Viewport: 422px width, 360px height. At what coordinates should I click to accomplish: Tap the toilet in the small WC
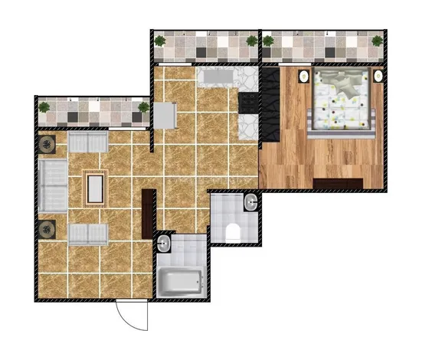click(x=234, y=231)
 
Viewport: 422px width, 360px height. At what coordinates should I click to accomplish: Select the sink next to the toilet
click(x=250, y=203)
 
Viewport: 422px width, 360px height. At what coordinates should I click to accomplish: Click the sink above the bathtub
click(x=165, y=244)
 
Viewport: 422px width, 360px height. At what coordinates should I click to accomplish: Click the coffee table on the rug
click(x=96, y=187)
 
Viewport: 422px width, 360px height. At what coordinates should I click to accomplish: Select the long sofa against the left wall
click(x=52, y=187)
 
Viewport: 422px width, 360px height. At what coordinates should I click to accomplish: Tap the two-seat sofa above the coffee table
click(x=88, y=142)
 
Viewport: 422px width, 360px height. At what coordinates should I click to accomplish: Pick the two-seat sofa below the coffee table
click(x=88, y=233)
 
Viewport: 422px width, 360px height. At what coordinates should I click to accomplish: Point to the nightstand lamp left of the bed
click(x=304, y=77)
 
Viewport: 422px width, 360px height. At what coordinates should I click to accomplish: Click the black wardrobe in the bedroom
click(x=270, y=103)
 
